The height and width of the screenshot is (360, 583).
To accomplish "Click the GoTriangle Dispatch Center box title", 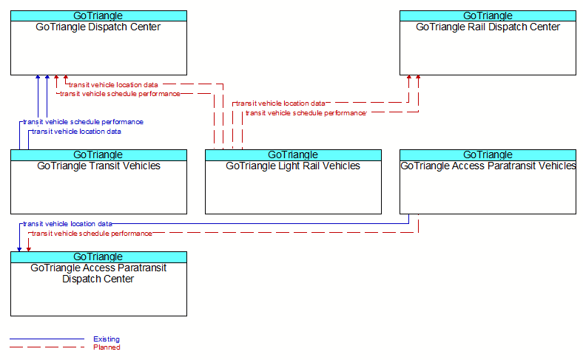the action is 98,27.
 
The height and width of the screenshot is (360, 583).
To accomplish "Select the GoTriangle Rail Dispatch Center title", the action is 488,27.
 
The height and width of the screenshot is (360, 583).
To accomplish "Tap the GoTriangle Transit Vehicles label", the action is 98,166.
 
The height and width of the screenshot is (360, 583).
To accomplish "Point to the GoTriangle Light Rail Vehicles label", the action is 293,166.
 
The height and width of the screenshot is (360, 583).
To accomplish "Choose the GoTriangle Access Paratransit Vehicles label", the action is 488,166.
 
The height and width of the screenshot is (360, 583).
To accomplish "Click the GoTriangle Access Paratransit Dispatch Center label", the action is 98,273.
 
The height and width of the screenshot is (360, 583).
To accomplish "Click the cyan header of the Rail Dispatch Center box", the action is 488,16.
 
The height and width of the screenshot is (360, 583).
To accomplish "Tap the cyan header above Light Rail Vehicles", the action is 293,155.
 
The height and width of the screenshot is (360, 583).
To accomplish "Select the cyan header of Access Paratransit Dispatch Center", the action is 98,257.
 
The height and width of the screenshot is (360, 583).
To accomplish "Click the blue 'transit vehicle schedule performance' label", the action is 83,122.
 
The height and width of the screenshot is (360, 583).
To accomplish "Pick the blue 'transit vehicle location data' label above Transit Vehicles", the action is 77,132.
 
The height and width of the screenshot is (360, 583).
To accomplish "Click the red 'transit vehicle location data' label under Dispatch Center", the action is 113,85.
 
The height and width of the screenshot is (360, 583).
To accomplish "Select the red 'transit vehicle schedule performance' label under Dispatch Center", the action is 120,94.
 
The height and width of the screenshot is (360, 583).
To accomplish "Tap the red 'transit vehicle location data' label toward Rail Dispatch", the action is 280,103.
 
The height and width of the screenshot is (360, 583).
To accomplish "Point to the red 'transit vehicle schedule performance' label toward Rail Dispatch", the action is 306,113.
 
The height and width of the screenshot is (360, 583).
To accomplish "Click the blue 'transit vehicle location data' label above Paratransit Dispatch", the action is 67,224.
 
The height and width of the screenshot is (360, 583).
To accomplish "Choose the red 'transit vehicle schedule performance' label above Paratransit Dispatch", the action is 92,234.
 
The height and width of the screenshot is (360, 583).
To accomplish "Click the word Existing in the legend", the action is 107,339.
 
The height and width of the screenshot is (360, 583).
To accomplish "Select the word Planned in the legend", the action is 107,347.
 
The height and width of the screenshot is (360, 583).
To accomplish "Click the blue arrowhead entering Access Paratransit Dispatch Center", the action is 19,249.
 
